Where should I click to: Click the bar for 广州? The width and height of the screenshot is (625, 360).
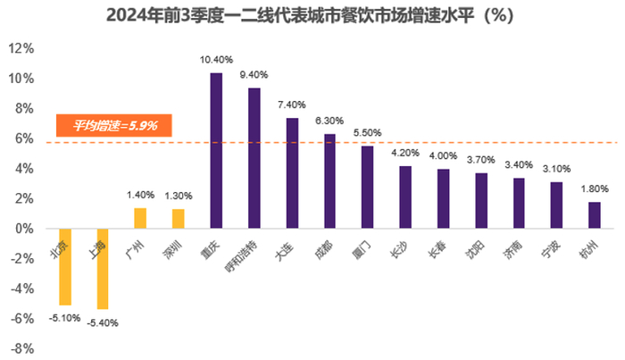pos(140,218)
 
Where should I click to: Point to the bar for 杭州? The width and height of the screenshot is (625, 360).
pos(595,215)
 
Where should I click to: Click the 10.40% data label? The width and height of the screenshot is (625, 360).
pos(216,60)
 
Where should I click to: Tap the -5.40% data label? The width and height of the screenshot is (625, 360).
pos(102,322)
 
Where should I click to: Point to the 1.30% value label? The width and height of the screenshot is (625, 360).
pos(179,196)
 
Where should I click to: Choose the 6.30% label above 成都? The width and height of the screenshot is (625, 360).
pos(329,121)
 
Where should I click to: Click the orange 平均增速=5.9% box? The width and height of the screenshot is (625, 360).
pos(113,126)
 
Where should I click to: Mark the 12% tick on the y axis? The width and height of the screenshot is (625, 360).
pos(21,48)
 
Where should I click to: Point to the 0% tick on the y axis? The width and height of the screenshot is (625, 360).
pos(25,229)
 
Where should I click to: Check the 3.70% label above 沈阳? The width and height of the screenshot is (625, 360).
pos(481,160)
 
